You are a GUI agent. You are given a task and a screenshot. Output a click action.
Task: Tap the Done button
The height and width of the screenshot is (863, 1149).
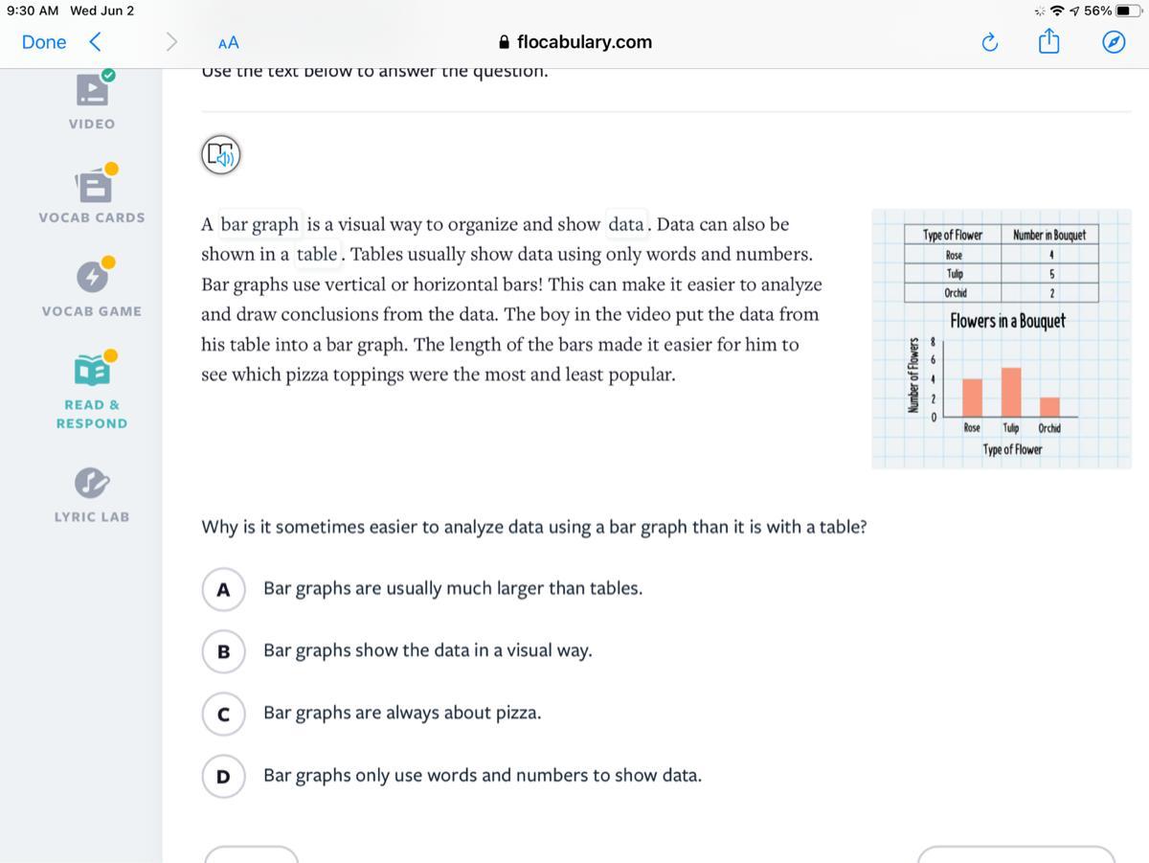44,42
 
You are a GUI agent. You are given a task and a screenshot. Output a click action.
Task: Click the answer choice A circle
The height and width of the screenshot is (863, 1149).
223,589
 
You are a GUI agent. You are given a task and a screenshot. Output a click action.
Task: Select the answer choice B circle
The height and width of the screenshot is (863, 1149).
223,651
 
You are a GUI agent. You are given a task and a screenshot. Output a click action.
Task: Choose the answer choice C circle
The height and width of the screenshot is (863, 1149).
223,714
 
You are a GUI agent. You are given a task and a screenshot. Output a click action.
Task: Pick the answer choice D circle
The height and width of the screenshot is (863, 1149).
223,776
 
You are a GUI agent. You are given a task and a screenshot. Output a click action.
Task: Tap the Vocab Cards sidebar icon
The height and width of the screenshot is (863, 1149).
94,185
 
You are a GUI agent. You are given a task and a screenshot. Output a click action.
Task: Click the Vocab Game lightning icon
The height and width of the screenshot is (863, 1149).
93,277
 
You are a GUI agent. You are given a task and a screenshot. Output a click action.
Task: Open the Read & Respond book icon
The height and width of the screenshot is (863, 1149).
92,369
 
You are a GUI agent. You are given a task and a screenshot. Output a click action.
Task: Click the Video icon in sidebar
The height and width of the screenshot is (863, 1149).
93,89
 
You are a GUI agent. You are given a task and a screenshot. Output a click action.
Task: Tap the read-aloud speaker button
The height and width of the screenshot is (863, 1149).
221,154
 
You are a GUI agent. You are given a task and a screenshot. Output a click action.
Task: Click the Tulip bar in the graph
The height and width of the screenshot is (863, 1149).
1010,392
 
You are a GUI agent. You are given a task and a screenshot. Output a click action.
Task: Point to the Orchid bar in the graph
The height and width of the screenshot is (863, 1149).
1049,406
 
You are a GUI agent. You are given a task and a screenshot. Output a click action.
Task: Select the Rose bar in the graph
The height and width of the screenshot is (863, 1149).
972,397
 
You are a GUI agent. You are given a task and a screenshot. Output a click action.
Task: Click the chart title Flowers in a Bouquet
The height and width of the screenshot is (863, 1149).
1007,321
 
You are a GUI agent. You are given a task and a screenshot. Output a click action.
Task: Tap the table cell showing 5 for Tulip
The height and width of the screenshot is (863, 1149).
1050,274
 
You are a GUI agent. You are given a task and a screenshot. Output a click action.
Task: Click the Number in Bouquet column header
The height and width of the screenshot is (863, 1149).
1049,235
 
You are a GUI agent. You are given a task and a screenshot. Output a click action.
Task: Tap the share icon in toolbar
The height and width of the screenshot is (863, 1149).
1048,42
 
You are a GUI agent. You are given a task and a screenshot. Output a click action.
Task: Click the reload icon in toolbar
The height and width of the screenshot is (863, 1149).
990,42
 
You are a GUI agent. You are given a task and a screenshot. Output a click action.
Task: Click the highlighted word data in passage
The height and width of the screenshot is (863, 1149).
626,224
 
